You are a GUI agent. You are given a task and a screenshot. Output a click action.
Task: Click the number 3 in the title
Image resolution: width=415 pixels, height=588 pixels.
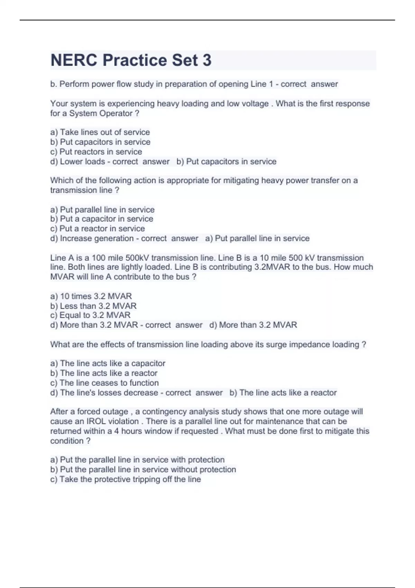point(206,60)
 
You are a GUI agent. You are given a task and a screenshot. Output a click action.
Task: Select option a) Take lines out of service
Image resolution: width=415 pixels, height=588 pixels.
point(100,132)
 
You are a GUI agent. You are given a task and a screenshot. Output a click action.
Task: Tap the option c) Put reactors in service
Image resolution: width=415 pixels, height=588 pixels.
point(96,152)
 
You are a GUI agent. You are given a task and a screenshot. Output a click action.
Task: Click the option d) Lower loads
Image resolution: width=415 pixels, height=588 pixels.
point(77,162)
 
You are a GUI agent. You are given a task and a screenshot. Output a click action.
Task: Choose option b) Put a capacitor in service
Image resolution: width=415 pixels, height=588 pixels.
point(101,219)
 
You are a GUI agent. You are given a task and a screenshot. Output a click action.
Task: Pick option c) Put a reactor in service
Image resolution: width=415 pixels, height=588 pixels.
point(97,229)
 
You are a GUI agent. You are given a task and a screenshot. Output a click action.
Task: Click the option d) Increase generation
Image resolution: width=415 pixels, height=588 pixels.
point(92,238)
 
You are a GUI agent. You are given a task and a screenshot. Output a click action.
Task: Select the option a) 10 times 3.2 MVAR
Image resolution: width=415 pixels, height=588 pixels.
point(91,296)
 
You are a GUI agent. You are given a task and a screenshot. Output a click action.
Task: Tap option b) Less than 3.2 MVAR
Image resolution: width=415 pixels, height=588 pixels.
point(93,306)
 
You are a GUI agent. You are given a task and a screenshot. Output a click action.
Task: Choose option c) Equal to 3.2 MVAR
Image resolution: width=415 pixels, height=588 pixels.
point(90,315)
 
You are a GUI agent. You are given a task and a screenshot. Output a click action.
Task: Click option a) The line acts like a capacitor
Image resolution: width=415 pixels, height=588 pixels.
point(108,364)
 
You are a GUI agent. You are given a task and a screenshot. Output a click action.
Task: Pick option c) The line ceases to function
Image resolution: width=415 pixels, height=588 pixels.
point(104,383)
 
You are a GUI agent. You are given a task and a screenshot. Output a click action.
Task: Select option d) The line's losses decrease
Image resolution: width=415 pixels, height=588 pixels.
point(104,393)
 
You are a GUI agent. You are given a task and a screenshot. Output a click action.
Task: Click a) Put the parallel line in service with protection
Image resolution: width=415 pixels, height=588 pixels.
point(137,460)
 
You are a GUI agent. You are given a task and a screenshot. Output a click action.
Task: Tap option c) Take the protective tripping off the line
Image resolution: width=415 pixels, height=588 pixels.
point(125,479)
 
